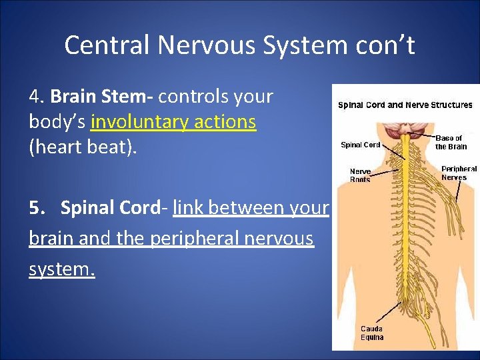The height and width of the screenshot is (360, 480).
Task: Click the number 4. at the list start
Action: [x=37, y=97]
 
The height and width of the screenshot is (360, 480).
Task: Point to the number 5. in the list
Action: [x=37, y=208]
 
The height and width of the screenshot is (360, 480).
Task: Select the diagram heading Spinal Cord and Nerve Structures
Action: [x=405, y=105]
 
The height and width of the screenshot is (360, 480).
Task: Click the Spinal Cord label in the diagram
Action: [x=360, y=145]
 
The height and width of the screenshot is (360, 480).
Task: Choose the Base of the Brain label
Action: [x=451, y=143]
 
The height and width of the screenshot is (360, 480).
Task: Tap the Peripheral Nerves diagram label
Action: [x=459, y=173]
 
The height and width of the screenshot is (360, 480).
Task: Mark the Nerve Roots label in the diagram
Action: [x=360, y=175]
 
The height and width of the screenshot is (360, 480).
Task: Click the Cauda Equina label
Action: [x=372, y=333]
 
